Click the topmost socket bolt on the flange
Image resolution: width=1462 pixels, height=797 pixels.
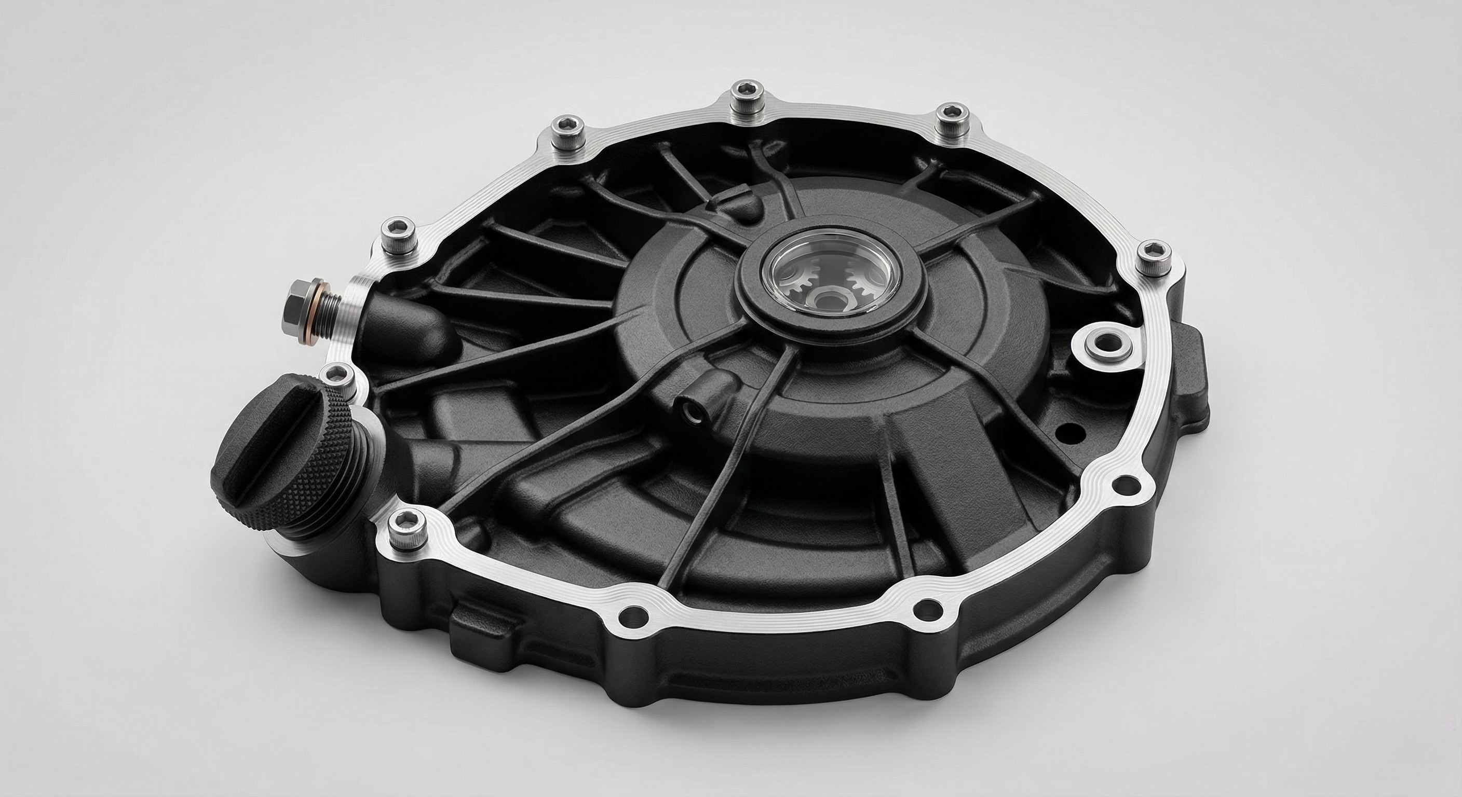pyautogui.click(x=742, y=92)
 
